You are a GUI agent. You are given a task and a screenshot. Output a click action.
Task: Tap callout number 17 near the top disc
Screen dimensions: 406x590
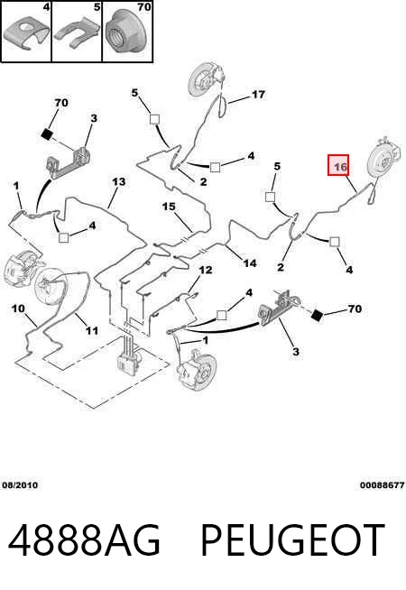[258, 94]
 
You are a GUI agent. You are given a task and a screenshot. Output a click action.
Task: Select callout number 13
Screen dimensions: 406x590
[118, 181]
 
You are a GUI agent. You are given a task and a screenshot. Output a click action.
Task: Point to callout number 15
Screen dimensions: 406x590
[169, 207]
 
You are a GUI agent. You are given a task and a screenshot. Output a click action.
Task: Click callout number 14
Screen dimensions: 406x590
[250, 263]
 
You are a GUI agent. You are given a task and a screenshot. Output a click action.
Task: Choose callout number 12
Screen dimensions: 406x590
[206, 270]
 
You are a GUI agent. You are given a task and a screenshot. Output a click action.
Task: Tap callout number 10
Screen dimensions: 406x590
[18, 309]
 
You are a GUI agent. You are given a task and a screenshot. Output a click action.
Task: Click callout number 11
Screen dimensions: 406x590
[92, 330]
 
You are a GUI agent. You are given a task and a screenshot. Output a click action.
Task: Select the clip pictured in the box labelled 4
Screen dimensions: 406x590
[26, 34]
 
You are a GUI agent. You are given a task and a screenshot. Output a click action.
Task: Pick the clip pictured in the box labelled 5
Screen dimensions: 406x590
[77, 34]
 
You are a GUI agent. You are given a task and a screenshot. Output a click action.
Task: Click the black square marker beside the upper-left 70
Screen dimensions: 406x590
[46, 134]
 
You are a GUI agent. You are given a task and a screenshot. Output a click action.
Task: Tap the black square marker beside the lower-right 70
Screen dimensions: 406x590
[317, 316]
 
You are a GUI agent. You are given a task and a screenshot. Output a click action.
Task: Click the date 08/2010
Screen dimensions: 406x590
[20, 485]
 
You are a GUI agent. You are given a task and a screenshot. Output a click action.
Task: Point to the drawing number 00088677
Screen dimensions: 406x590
[383, 485]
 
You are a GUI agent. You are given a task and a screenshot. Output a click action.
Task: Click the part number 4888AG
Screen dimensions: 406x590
[84, 540]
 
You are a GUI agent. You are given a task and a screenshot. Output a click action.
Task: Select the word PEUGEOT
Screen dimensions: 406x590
[292, 540]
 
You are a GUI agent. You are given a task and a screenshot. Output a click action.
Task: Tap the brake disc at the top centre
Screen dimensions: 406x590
[202, 81]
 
